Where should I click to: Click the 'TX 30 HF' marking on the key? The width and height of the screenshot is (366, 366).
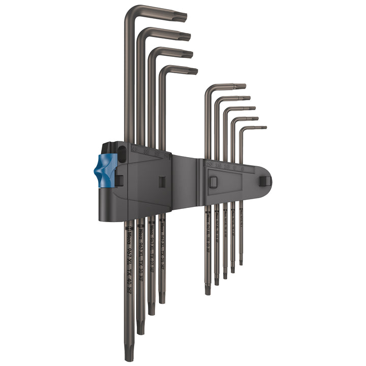pos(140,267)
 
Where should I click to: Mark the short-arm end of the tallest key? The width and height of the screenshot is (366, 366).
pos(184,18)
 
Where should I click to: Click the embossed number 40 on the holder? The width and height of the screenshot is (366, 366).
pos(135,149)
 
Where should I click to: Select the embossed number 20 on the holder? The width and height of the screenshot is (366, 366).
pos(209,164)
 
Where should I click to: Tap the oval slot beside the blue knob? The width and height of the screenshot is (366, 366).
pos(121,152)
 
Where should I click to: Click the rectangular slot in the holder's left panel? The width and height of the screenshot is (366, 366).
pos(161,182)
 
